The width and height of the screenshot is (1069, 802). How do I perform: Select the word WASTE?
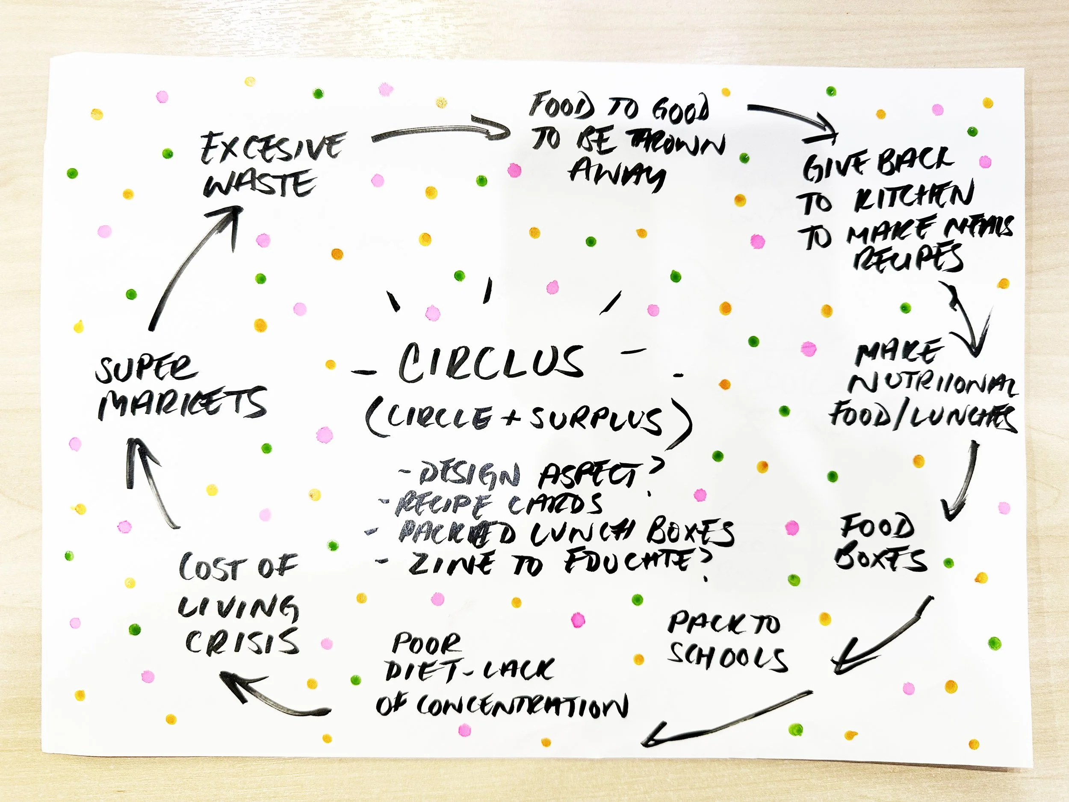click(260, 183)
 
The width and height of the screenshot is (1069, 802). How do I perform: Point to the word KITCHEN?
click(913, 197)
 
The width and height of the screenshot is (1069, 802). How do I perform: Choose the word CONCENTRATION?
click(522, 706)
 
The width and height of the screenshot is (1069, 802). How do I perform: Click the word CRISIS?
click(242, 642)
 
